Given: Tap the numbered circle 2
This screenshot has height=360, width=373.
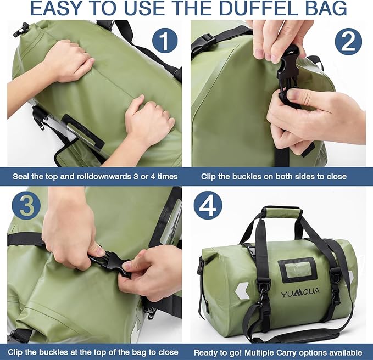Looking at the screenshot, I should (x=349, y=43).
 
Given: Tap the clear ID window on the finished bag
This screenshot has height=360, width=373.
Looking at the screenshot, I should (x=297, y=269).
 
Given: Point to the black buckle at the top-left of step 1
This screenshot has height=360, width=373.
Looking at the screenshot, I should (x=20, y=30).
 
